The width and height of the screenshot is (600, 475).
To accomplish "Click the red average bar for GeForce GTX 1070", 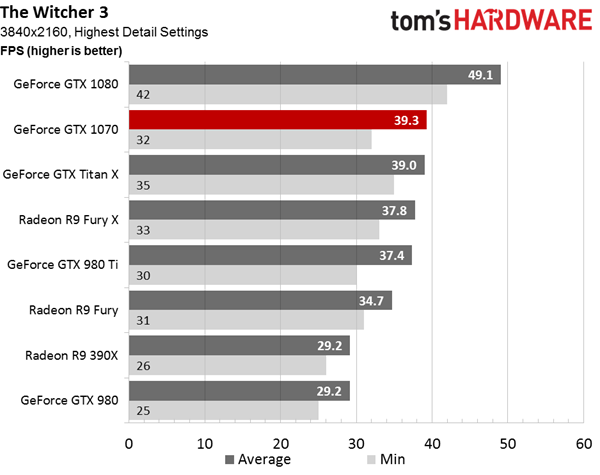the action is [278, 120].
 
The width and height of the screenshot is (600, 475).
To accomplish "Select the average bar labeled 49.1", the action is [315, 75].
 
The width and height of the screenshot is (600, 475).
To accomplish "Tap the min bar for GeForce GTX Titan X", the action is [261, 185].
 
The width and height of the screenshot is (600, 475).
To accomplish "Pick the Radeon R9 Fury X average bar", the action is [272, 210].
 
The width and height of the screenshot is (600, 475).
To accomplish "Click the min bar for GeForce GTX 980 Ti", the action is [243, 275].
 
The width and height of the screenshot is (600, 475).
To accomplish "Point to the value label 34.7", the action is [371, 301].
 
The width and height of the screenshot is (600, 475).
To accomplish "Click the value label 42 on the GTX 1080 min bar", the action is [143, 95].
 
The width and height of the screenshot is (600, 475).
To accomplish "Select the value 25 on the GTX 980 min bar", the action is [143, 411].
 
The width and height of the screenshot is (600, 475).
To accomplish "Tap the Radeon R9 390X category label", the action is [72, 355].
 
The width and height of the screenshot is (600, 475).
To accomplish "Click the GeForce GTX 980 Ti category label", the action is [63, 264].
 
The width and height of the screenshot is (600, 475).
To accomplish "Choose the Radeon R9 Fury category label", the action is [73, 310].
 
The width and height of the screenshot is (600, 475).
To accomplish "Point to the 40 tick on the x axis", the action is [432, 444].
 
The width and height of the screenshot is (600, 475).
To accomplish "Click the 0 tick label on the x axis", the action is [129, 444].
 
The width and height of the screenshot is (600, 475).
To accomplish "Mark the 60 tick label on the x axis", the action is [584, 444].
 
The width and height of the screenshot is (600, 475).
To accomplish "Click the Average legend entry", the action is [258, 459].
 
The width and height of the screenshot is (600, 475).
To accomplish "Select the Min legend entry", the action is [386, 459].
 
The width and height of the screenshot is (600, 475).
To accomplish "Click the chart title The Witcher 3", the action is [54, 12].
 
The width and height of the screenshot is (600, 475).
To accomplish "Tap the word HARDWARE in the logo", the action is [523, 20].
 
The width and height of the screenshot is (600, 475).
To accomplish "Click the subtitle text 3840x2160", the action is [34, 32].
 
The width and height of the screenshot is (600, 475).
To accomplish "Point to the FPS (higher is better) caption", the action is [61, 51].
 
